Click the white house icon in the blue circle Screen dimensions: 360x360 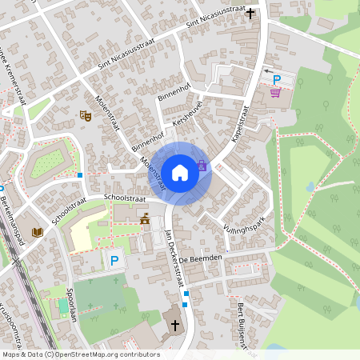[180, 172]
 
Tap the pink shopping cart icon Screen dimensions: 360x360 [276, 93]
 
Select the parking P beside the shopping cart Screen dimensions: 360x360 [277, 79]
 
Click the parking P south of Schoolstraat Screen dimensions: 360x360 [114, 261]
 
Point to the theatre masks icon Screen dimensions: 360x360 [85, 116]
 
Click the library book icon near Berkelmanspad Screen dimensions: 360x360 [36, 233]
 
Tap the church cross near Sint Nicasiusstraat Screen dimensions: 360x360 [250, 13]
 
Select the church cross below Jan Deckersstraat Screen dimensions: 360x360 [176, 325]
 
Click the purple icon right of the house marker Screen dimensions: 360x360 [202, 166]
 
